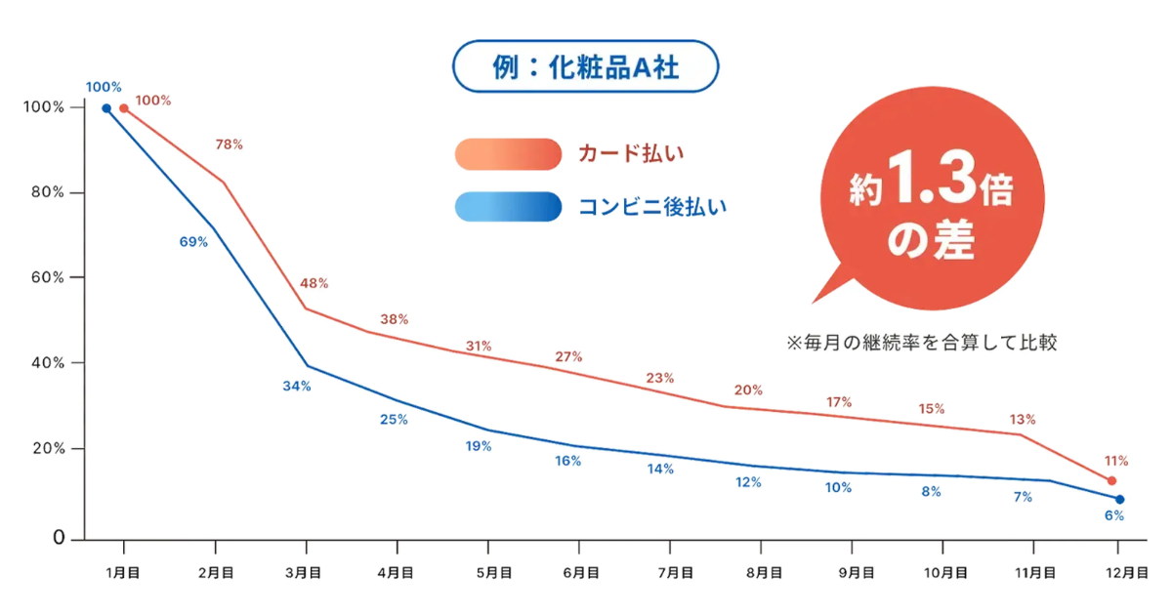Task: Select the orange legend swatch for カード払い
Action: click(x=508, y=154)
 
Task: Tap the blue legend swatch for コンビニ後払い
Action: click(x=508, y=206)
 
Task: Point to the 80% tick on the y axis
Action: click(x=46, y=192)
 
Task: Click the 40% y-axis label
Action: click(x=46, y=363)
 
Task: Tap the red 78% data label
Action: click(x=229, y=144)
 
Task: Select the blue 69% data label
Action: click(x=193, y=242)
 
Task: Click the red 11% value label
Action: click(x=1116, y=460)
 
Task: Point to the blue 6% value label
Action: click(x=1114, y=515)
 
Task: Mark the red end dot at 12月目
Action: click(x=1111, y=481)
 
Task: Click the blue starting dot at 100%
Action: click(x=106, y=108)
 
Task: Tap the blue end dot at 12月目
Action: click(x=1119, y=500)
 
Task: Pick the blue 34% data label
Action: click(x=297, y=387)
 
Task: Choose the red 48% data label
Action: click(x=314, y=283)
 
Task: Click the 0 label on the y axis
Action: click(x=60, y=538)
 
